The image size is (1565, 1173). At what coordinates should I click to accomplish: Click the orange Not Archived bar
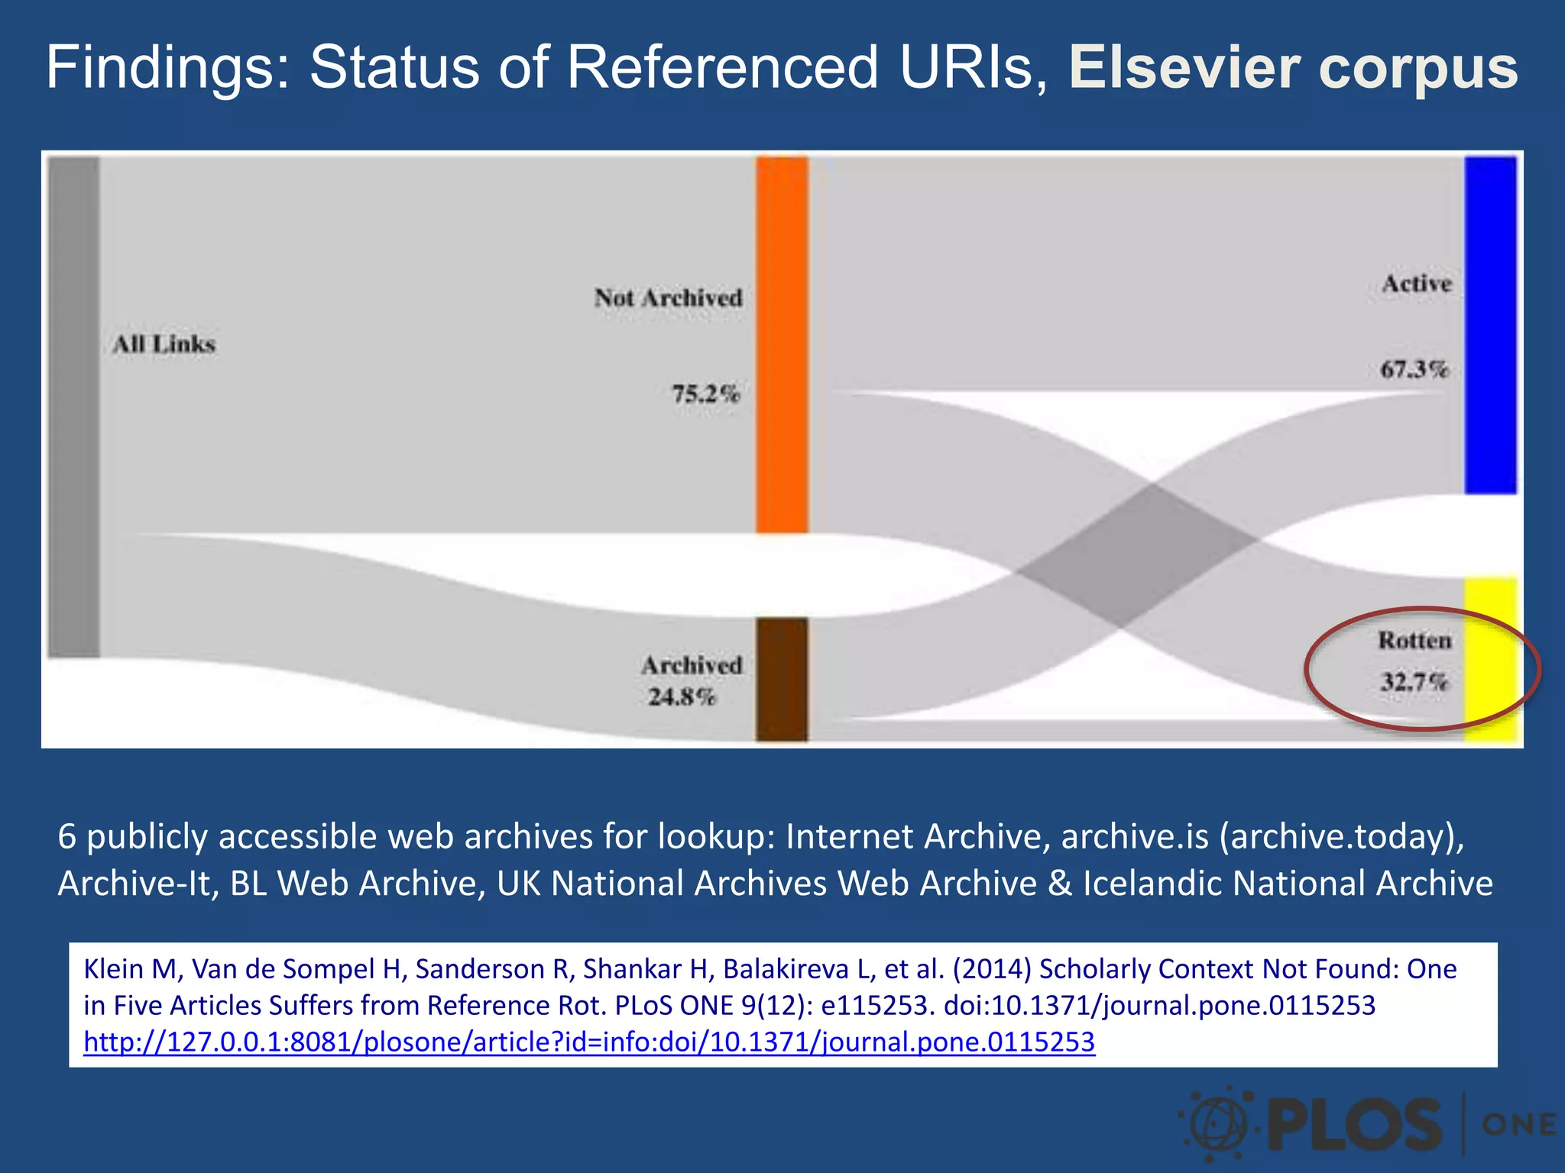(x=782, y=344)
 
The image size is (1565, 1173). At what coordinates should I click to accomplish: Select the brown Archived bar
(x=782, y=679)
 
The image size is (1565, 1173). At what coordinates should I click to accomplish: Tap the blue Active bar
(x=1490, y=325)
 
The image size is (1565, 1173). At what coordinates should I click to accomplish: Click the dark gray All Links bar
(x=74, y=406)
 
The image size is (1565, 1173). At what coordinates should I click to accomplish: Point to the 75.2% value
(x=706, y=394)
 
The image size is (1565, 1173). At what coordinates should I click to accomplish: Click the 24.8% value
(x=682, y=696)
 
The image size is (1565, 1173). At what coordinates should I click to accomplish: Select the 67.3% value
(x=1414, y=370)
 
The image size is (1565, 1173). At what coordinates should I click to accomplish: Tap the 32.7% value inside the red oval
(x=1414, y=680)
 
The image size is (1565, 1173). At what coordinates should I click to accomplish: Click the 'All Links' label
(x=164, y=344)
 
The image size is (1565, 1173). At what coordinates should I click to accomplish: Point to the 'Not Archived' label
(x=669, y=298)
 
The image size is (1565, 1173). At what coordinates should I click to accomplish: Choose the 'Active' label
(x=1417, y=283)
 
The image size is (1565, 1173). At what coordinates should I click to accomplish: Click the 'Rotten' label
(x=1414, y=640)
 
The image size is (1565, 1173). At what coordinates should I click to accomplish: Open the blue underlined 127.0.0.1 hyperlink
(x=589, y=1042)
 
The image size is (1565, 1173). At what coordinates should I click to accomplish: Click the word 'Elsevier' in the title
(x=1184, y=67)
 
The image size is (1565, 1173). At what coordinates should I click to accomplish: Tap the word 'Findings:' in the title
(x=168, y=67)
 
